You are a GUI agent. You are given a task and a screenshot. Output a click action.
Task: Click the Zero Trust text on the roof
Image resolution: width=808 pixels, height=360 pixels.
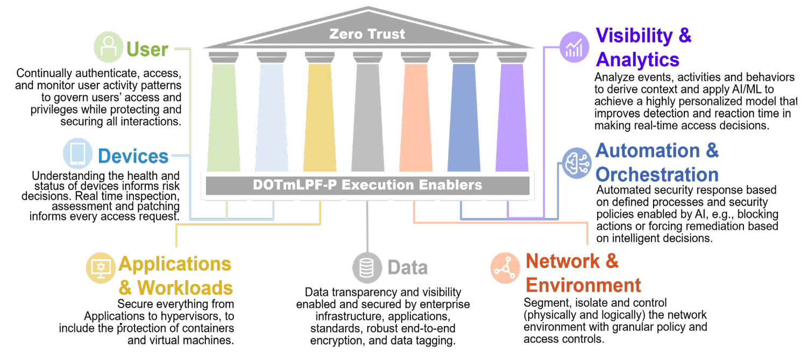pos(367,34)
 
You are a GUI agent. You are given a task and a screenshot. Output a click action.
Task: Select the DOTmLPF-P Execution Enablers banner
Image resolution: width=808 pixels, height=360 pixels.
pos(367,185)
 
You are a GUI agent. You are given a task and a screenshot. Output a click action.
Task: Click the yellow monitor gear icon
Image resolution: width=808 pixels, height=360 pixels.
pos(101,267)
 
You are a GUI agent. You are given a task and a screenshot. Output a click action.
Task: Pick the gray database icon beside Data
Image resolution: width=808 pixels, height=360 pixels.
pos(367,267)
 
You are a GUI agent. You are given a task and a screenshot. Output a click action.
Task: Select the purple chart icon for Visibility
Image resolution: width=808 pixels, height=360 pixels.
pos(575,46)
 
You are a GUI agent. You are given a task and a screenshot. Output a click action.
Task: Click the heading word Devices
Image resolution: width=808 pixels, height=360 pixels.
pos(133,157)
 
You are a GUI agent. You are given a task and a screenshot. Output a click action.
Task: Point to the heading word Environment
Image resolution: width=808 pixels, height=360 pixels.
pos(583,285)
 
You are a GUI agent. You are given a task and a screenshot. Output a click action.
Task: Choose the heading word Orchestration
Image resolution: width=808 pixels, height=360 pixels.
pos(657,174)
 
